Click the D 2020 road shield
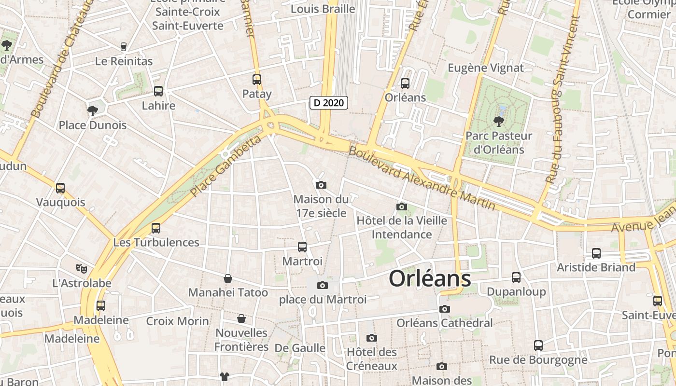(328, 102)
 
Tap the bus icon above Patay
(257, 80)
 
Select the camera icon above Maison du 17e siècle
(321, 185)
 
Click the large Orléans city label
(430, 278)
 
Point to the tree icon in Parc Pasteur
(499, 121)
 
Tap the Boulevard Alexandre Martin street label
(422, 178)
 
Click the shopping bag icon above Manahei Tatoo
(228, 278)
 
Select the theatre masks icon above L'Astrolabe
(81, 268)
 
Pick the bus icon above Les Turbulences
(156, 228)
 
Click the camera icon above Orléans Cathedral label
(445, 309)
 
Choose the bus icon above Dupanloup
(516, 277)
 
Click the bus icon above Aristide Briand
(596, 253)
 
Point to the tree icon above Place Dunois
(92, 111)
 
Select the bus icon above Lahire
(158, 91)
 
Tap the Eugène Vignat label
(485, 68)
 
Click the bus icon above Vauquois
(60, 188)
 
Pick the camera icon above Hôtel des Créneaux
(371, 338)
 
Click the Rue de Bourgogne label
(538, 360)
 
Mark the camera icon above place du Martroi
(323, 285)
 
